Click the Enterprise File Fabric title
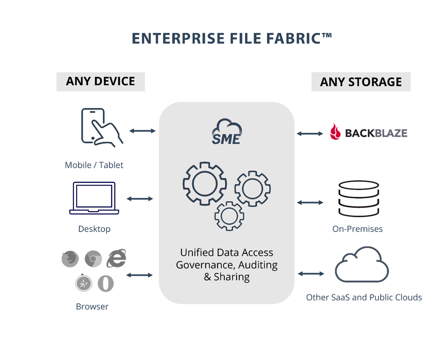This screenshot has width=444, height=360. (x=232, y=38)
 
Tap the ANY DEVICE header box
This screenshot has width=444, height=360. (x=100, y=81)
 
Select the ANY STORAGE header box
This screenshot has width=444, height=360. (x=361, y=82)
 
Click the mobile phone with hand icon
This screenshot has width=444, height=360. (x=101, y=126)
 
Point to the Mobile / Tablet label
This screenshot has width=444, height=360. (x=94, y=165)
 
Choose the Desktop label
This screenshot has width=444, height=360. (x=94, y=229)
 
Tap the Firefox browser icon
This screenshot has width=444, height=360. (x=70, y=258)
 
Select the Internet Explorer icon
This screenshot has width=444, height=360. (x=116, y=258)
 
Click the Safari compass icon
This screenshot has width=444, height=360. (x=84, y=283)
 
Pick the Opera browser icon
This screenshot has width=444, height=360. (x=106, y=283)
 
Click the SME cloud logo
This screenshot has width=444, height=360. (x=226, y=131)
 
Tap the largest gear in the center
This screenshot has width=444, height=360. (x=204, y=183)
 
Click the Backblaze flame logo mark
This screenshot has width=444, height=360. (x=335, y=132)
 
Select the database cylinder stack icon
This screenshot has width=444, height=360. (x=358, y=199)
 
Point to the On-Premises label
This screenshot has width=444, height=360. (x=357, y=229)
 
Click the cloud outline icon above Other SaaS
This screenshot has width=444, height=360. (x=362, y=265)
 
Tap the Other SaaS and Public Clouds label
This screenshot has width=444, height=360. (x=364, y=297)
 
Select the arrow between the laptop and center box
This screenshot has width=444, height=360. (x=140, y=199)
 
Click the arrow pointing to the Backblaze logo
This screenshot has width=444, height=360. (x=310, y=134)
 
